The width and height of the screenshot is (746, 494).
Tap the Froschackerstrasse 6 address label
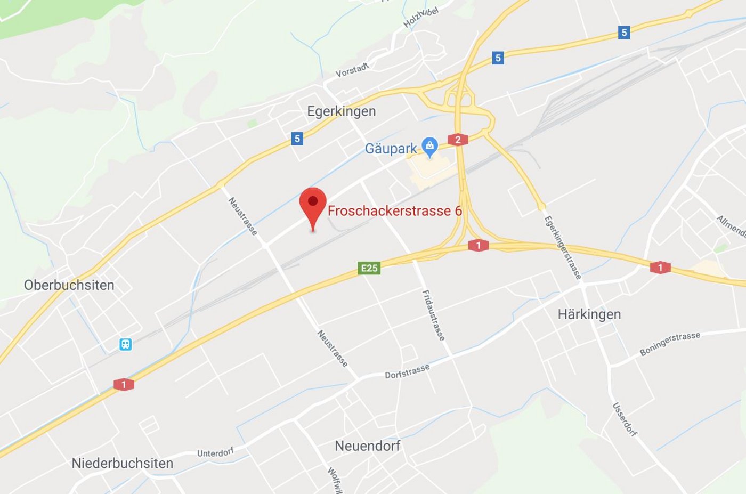(x=394, y=211)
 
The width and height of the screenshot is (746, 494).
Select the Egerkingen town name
(x=342, y=111)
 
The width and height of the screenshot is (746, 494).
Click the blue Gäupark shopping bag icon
(x=429, y=145)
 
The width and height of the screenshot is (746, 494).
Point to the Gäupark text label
(x=391, y=149)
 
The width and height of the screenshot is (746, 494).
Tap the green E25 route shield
(x=369, y=268)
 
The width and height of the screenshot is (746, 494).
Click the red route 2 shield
(x=458, y=140)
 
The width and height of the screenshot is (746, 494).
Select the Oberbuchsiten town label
(x=69, y=285)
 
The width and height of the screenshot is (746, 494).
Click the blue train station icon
(x=125, y=344)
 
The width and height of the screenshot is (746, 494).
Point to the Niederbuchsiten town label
(x=123, y=463)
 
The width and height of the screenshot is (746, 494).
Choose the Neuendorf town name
(x=367, y=446)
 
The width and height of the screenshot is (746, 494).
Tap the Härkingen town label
(x=589, y=314)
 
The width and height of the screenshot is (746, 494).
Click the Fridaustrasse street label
(x=433, y=315)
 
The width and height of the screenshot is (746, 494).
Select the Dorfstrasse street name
(x=407, y=371)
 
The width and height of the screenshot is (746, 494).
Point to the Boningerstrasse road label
(x=670, y=344)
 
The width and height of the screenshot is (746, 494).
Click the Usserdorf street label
(x=625, y=419)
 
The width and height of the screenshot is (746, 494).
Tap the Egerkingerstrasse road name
(x=562, y=247)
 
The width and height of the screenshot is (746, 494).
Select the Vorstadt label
(x=352, y=70)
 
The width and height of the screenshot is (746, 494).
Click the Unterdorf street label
(x=216, y=453)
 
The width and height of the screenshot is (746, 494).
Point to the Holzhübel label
(x=421, y=18)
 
